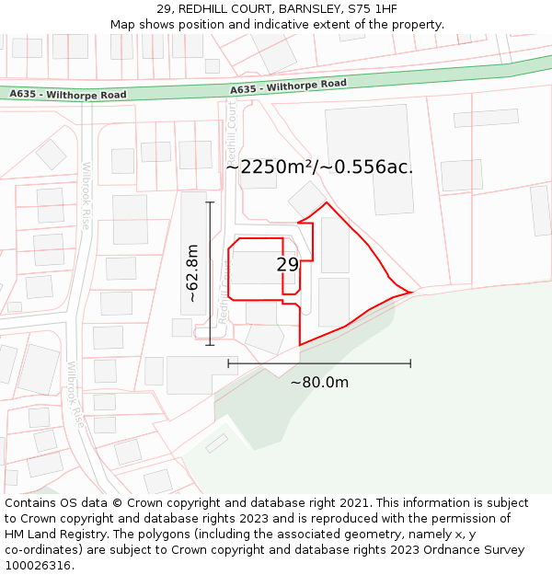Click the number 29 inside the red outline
point(287,265)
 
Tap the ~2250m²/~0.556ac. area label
point(319,167)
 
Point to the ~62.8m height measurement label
point(192,273)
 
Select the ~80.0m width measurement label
point(319,383)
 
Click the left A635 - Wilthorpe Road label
point(68,95)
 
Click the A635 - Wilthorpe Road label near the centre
point(288,86)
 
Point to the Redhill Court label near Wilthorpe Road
point(232,129)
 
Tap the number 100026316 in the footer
point(38,566)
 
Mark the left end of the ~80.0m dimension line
point(228,363)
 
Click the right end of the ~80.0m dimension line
point(410,363)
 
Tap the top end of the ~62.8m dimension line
point(210,202)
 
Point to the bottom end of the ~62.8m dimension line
point(210,345)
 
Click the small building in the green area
point(217,443)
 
